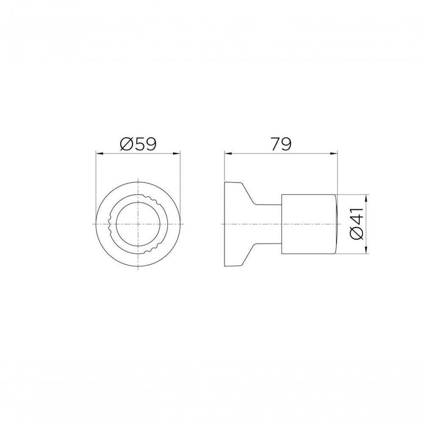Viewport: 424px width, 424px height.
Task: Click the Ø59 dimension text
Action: tap(138, 144)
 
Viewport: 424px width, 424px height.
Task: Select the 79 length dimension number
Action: tap(281, 144)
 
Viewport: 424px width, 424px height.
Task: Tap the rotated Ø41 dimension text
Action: tap(357, 224)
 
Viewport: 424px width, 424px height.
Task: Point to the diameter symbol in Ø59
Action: tap(126, 144)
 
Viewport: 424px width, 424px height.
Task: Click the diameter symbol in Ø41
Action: tap(357, 236)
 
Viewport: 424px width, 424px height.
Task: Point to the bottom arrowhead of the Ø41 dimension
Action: tap(366, 251)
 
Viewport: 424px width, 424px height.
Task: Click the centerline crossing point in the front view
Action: tap(138, 224)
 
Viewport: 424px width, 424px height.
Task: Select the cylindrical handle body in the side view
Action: tap(307, 224)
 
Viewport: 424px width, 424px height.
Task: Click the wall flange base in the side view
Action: tap(231, 224)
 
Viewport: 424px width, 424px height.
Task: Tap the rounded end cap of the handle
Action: tap(335, 224)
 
